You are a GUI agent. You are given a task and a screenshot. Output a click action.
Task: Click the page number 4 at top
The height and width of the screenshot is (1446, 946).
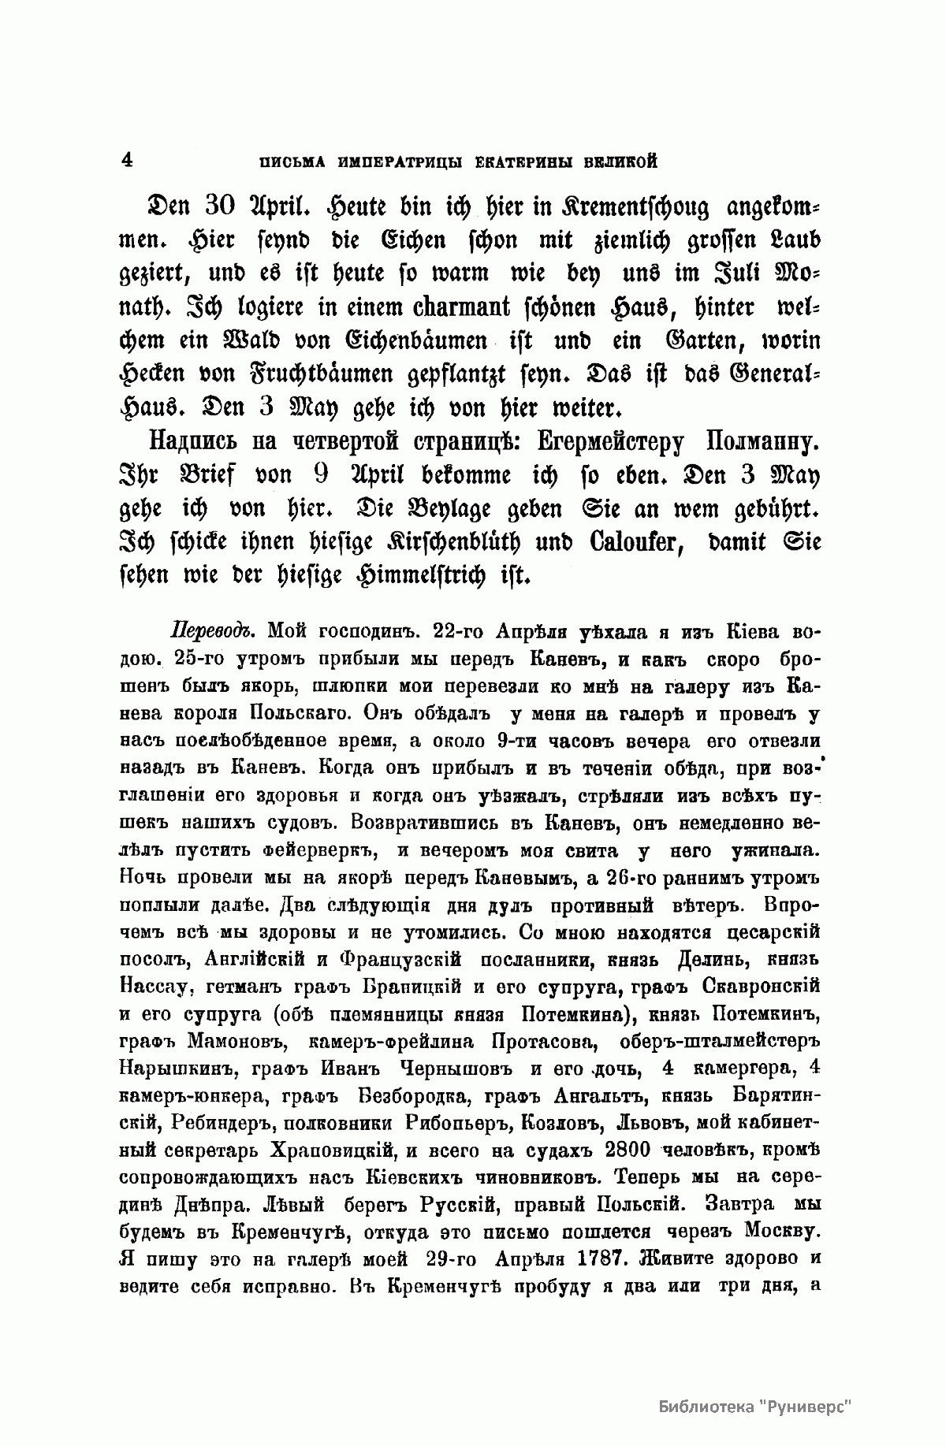coord(127,159)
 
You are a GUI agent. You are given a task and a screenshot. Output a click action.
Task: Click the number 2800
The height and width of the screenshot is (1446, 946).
coord(624,1150)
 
